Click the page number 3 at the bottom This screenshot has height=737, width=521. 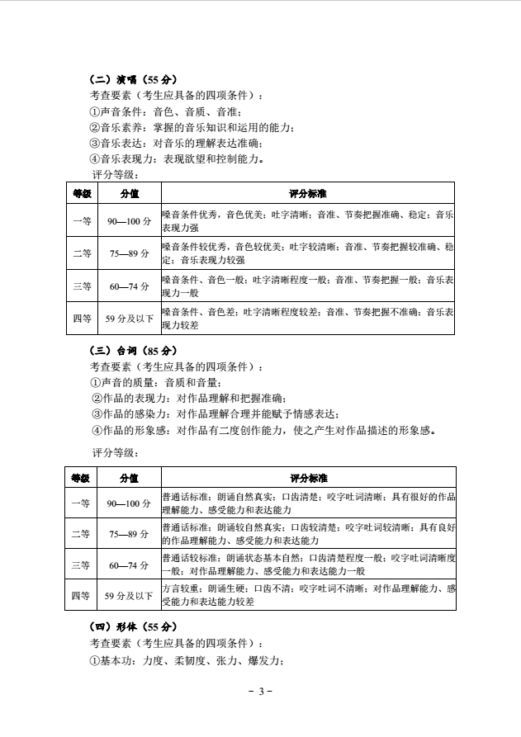pos(260,691)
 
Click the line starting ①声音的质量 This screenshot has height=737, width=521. pos(156,382)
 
